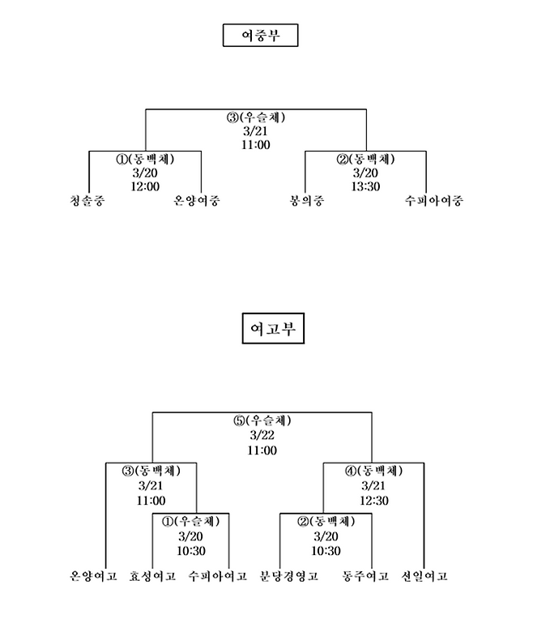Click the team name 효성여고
point(153,577)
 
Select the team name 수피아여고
point(217,577)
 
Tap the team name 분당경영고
point(288,577)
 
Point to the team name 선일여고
point(424,577)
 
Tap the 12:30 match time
point(373,501)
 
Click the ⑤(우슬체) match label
point(262,421)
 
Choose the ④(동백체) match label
point(373,471)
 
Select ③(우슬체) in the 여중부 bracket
point(255,117)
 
